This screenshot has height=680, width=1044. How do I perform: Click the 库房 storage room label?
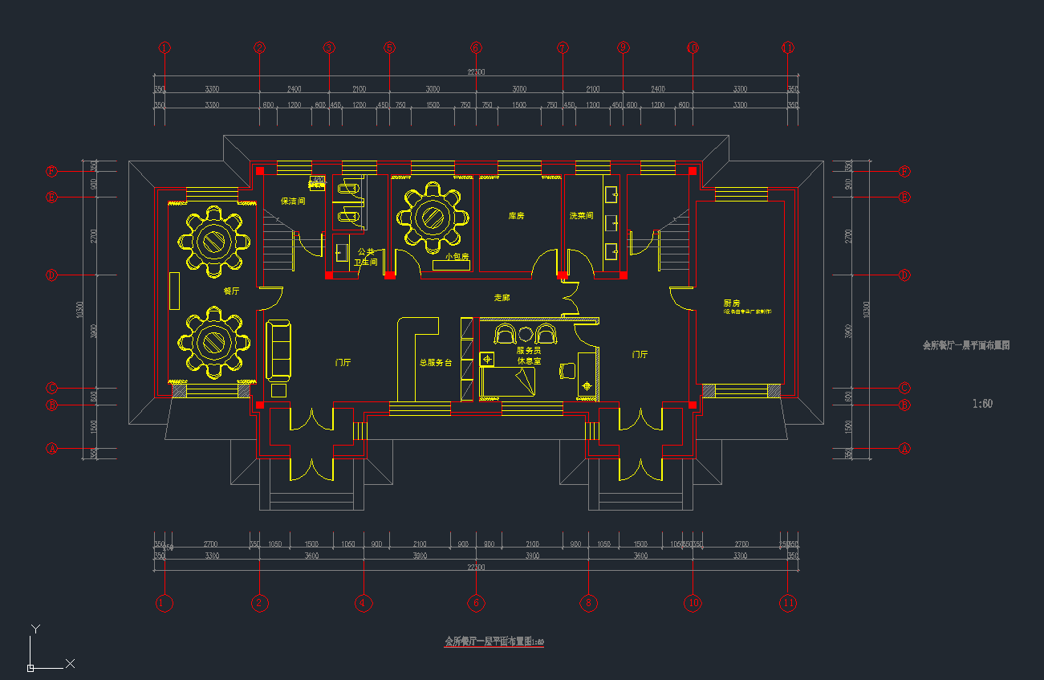(x=516, y=216)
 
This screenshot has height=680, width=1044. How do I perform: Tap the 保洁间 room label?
(x=293, y=201)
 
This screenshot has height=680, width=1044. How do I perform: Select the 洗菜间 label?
(x=581, y=216)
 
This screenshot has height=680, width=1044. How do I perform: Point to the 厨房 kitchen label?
(x=731, y=303)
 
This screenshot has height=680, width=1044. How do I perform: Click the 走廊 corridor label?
(x=502, y=298)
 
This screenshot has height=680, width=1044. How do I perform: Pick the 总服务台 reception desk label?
(x=436, y=363)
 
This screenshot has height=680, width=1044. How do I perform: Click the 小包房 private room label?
(x=457, y=257)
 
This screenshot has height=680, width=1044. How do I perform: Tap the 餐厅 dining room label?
(x=231, y=291)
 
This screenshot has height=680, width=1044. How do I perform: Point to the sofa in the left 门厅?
(x=278, y=349)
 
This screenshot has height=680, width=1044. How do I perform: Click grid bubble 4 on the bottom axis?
(x=364, y=602)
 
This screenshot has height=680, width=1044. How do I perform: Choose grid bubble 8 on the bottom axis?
(x=588, y=602)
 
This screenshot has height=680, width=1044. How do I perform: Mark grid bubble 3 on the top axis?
(x=329, y=48)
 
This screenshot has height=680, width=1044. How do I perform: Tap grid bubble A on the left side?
(x=52, y=449)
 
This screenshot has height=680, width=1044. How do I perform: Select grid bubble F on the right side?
(x=904, y=172)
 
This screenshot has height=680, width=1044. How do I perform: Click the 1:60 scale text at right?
(x=982, y=404)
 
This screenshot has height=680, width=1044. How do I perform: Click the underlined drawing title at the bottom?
(x=494, y=642)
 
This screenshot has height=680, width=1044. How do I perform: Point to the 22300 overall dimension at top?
(x=476, y=72)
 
